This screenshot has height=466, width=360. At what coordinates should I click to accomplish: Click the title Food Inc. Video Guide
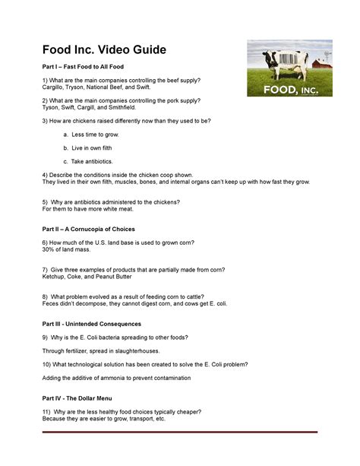click(105, 51)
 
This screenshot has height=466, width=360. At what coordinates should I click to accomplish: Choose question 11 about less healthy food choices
click(122, 411)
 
